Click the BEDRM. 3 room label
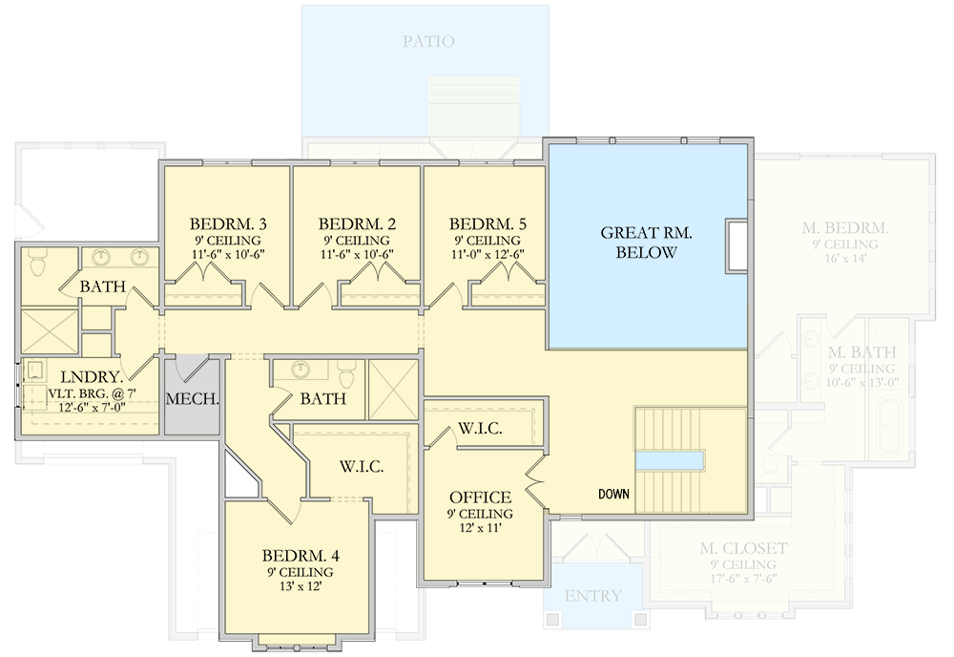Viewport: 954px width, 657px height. pos(227,223)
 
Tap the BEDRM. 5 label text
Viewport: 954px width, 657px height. pos(487,223)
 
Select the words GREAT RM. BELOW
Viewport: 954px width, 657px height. pos(646,243)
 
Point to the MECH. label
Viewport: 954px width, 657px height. pos(193,399)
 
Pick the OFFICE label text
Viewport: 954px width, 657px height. pos(480,498)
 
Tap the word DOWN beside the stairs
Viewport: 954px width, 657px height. pos(613,495)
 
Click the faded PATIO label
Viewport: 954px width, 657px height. pos(427,41)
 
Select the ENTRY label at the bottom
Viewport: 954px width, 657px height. pos(592,596)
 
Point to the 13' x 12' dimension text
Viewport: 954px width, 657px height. pos(301,587)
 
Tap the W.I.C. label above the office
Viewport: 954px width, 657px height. pos(480,428)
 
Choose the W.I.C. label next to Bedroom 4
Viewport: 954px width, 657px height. pos(362,467)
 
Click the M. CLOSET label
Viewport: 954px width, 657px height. pos(743,548)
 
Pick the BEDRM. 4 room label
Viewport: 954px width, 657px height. pos(301,555)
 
